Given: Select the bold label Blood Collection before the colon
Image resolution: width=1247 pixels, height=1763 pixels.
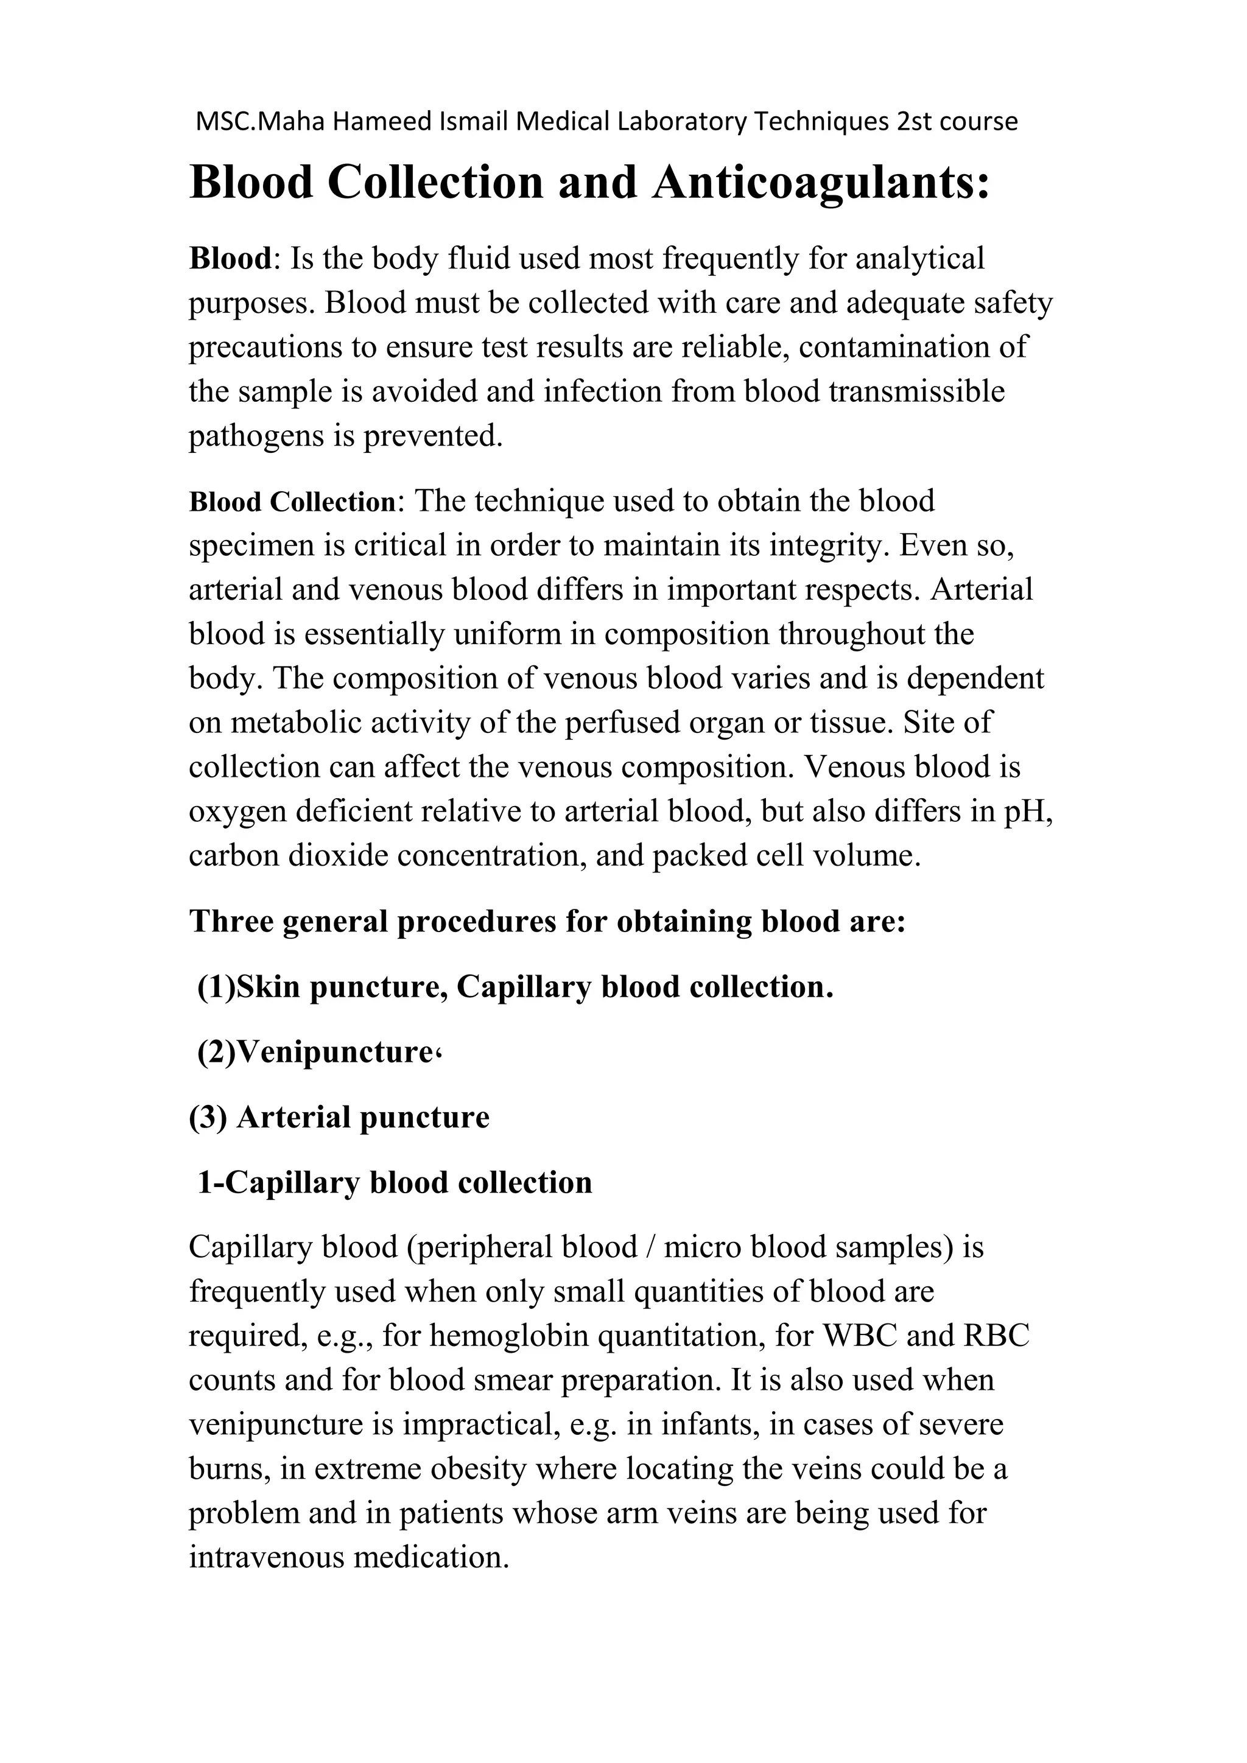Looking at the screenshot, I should coord(292,502).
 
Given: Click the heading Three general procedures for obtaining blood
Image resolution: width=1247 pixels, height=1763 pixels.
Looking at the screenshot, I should coord(547,922).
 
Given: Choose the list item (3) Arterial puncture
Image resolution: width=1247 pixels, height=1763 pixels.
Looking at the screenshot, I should coord(339,1117).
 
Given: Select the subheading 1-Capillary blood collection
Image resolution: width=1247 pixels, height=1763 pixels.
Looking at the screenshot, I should coord(395,1182).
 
